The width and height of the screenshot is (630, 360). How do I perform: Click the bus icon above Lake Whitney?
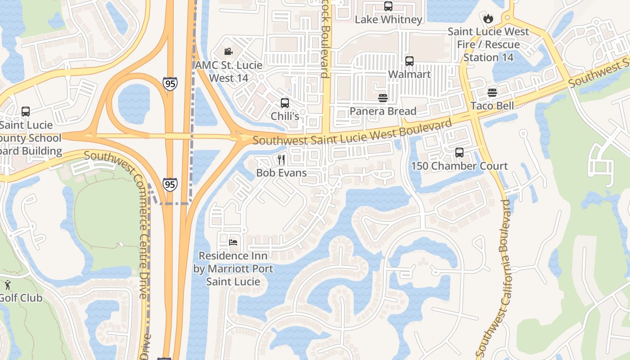(x=388, y=6)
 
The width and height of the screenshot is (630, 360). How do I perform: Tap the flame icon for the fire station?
(x=488, y=19)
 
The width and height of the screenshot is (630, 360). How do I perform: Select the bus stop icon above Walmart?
(x=409, y=61)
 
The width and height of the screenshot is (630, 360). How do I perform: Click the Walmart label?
(x=409, y=74)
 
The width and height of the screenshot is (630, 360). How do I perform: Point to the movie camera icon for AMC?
(x=228, y=52)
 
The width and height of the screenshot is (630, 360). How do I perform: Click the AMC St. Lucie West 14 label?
(x=229, y=72)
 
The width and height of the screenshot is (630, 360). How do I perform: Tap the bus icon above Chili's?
(x=284, y=103)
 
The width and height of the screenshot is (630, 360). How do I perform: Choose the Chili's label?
(x=284, y=116)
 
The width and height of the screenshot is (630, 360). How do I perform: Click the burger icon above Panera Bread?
(x=383, y=98)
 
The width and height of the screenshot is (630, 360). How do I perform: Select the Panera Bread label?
(x=383, y=111)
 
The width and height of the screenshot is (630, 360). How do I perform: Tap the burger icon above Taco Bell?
(x=492, y=93)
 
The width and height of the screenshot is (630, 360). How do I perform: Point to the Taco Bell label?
(x=492, y=106)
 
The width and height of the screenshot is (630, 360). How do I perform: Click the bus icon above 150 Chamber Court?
(x=459, y=153)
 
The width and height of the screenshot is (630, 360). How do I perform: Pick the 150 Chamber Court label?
(x=459, y=166)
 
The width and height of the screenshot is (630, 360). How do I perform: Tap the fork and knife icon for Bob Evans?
(x=281, y=159)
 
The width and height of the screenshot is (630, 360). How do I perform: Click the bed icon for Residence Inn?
(x=233, y=243)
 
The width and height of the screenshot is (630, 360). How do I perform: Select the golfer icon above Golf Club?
(x=8, y=284)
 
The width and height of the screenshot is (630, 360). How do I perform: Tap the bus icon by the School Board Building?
(x=26, y=112)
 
